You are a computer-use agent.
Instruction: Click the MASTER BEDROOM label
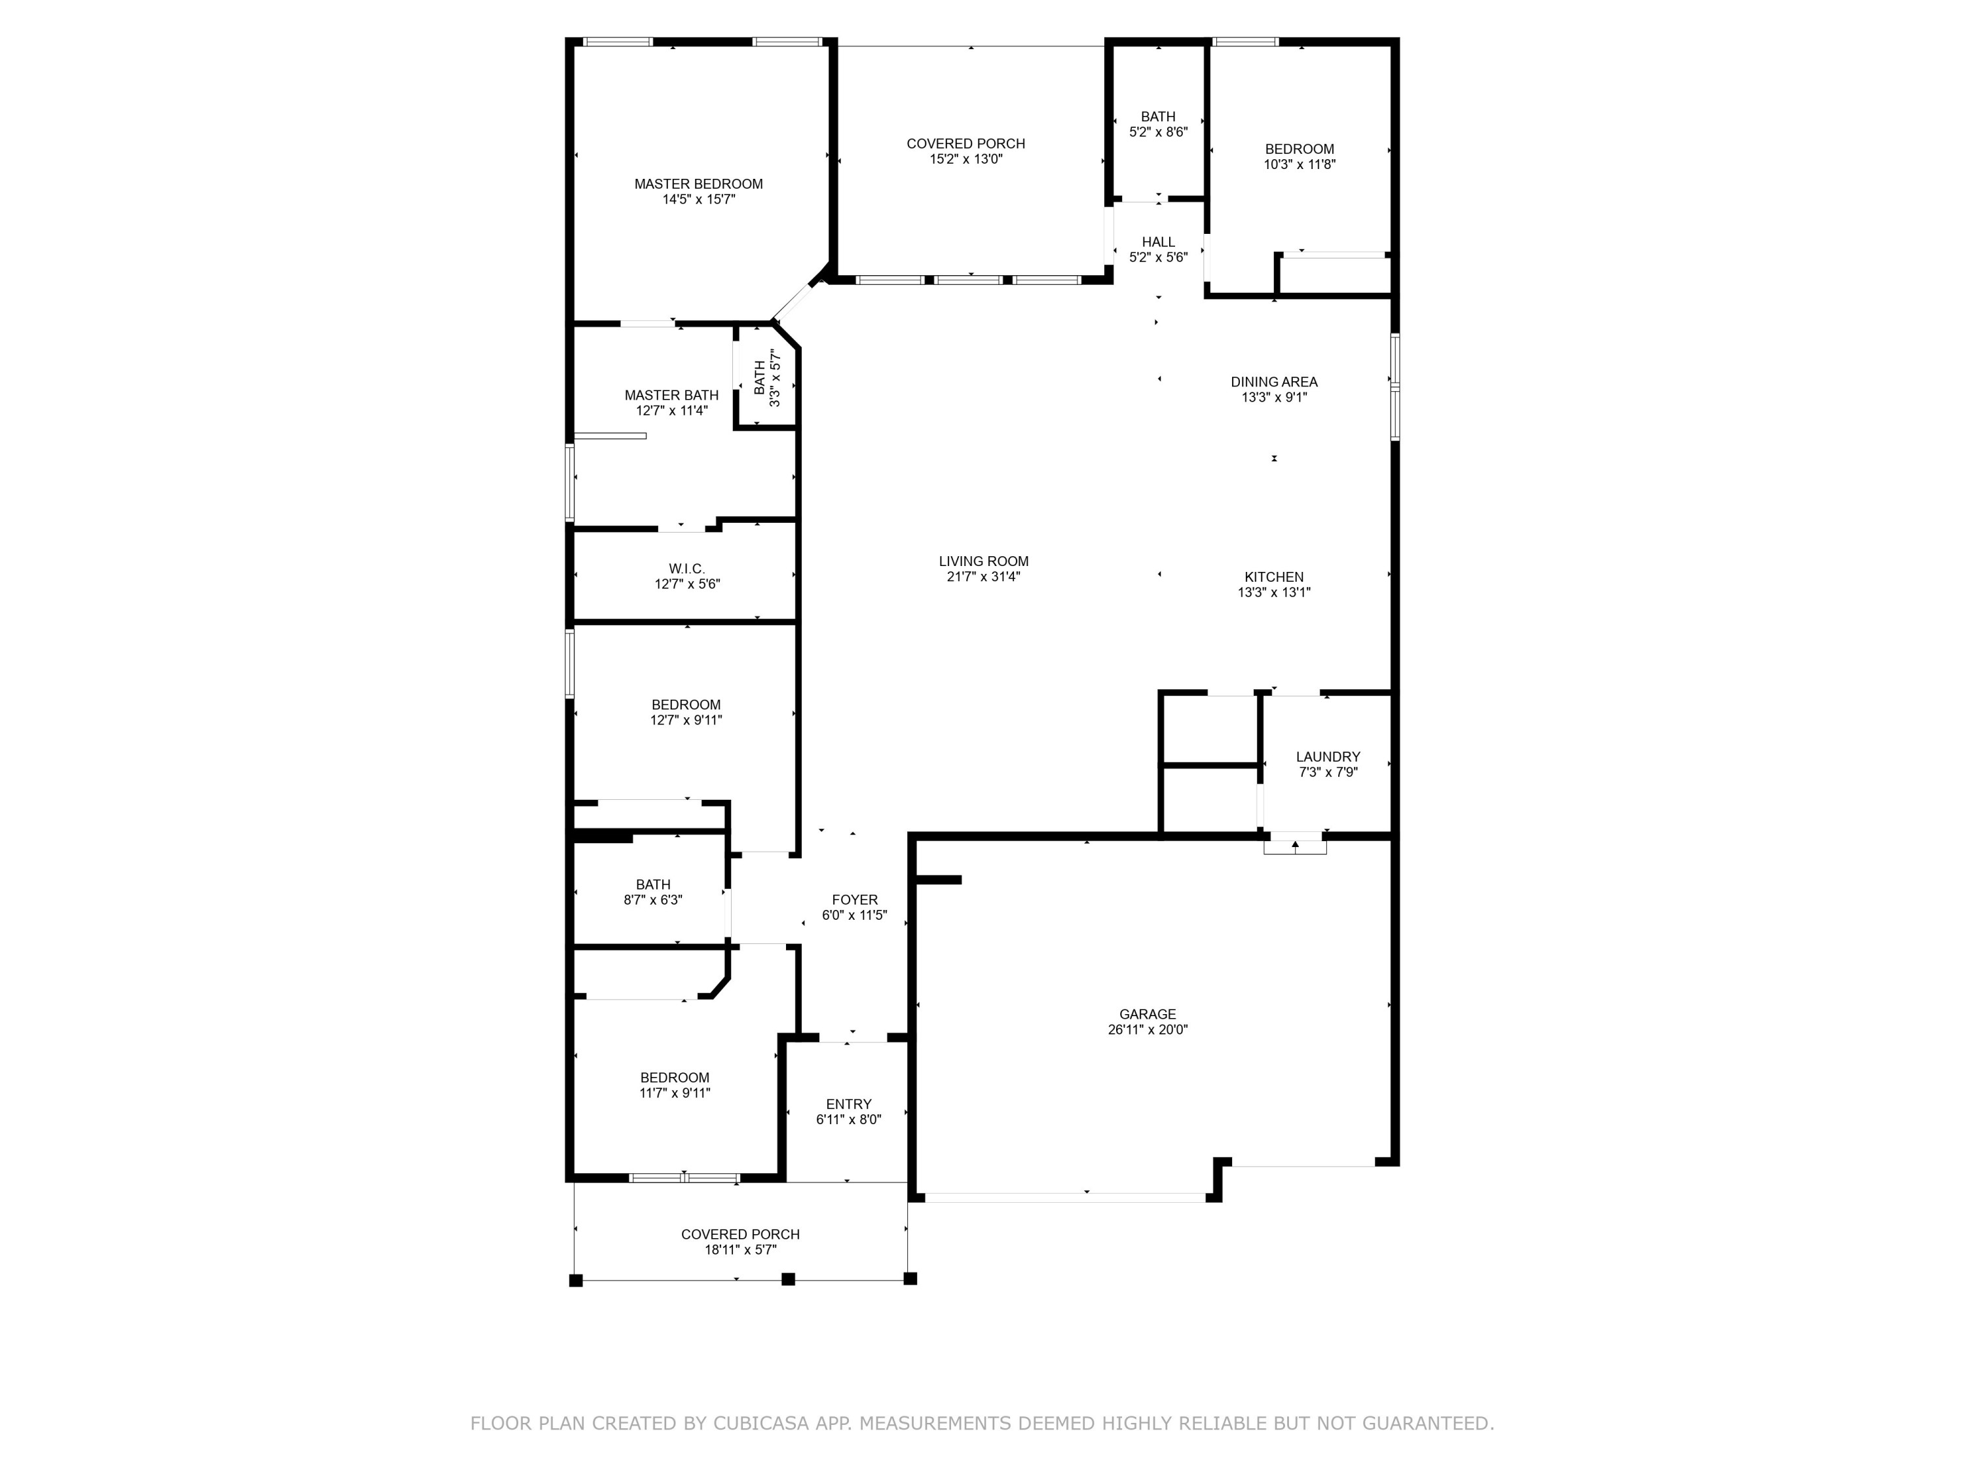pyautogui.click(x=698, y=184)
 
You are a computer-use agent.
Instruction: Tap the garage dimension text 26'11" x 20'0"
pyautogui.click(x=1147, y=1030)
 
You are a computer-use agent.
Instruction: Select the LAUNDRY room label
pyautogui.click(x=1327, y=757)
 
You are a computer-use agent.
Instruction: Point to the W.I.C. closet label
pyautogui.click(x=686, y=569)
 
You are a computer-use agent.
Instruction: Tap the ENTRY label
pyautogui.click(x=848, y=1105)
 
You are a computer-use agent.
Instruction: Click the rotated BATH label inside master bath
pyautogui.click(x=760, y=377)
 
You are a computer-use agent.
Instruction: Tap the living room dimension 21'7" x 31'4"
pyautogui.click(x=982, y=576)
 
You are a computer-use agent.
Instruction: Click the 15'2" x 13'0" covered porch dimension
pyautogui.click(x=965, y=159)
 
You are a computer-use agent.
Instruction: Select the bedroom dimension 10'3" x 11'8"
pyautogui.click(x=1299, y=164)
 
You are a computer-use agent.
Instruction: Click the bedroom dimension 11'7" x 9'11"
pyautogui.click(x=674, y=1093)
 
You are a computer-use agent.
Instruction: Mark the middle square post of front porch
pyautogui.click(x=787, y=1279)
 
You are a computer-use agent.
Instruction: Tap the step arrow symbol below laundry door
pyautogui.click(x=1294, y=845)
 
